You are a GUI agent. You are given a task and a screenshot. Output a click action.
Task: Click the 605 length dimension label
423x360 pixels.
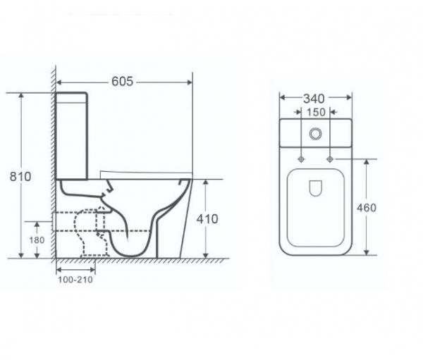[122, 82]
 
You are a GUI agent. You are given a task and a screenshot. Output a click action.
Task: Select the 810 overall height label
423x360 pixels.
[20, 177]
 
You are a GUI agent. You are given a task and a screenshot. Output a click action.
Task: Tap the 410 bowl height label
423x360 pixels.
[207, 219]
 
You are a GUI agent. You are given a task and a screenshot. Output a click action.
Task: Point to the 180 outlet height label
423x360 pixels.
[37, 240]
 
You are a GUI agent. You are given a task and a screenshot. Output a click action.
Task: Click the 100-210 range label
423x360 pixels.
[75, 280]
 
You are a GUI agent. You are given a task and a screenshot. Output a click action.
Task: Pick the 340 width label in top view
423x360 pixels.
[314, 99]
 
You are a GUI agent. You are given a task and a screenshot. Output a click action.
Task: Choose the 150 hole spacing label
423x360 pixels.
[316, 112]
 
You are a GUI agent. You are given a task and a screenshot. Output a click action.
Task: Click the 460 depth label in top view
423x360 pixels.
[367, 208]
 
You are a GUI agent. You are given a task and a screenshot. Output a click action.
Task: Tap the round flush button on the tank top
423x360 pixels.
[315, 134]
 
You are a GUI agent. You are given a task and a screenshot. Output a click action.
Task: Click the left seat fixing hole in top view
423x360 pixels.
[301, 159]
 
